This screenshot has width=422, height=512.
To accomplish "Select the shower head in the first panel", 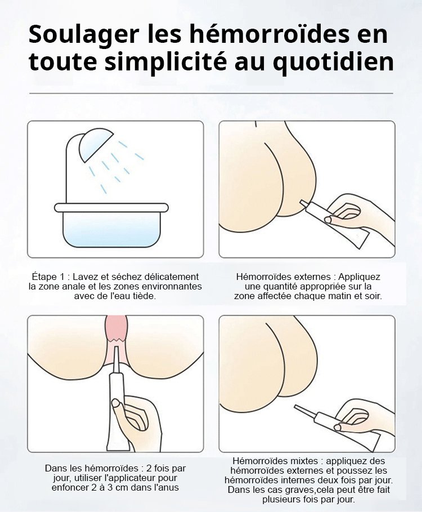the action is tap(96, 145).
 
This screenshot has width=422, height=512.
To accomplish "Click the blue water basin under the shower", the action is tap(111, 225).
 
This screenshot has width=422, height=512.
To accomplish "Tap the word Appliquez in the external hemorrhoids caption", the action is tap(359, 277).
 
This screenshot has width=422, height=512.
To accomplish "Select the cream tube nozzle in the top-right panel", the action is tap(304, 203).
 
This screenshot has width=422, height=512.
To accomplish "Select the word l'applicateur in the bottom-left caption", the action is tap(131, 478).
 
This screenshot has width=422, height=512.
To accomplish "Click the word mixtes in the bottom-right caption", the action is tap(306, 461).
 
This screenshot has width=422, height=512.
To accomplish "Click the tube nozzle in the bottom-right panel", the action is tap(304, 411).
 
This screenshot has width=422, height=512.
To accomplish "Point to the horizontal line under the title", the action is tap(211, 94).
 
